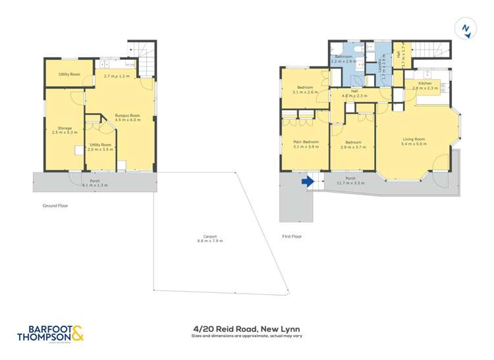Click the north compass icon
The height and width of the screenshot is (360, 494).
(466, 28)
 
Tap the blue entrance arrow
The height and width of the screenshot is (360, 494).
(306, 182)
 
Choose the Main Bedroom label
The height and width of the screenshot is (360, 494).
(306, 142)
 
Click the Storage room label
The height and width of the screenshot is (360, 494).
(64, 128)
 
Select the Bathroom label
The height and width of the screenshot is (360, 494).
(344, 57)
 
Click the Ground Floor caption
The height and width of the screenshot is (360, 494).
(55, 205)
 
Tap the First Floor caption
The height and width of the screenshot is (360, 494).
(291, 236)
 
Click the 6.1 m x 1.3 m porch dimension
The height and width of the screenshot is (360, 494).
(94, 185)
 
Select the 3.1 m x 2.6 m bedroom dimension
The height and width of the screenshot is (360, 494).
(305, 92)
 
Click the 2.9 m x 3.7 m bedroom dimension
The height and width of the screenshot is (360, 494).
(353, 146)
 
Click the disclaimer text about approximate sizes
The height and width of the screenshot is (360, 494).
(247, 336)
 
